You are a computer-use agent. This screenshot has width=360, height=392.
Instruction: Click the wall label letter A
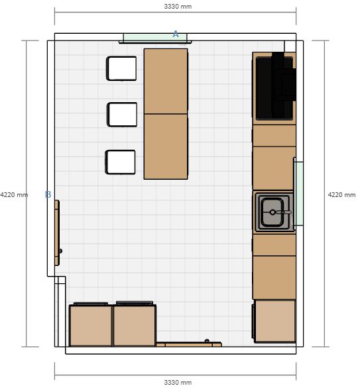(176, 34)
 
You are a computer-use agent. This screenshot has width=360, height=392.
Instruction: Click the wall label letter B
(48, 194)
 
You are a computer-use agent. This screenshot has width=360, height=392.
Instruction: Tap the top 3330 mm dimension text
(178, 7)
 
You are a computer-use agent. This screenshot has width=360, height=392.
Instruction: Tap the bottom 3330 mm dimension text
(178, 382)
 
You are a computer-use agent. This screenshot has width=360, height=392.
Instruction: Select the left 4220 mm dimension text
(14, 194)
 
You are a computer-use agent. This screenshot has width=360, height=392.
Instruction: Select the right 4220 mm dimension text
(341, 194)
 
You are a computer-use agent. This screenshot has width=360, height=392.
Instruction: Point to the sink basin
(272, 212)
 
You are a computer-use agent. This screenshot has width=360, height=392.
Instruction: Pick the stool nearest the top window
(122, 68)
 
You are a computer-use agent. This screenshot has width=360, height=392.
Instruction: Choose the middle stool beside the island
(122, 115)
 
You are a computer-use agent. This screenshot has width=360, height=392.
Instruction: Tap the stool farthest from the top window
(121, 162)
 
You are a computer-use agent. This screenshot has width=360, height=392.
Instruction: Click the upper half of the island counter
(166, 81)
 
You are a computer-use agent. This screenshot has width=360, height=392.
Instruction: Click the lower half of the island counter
(166, 147)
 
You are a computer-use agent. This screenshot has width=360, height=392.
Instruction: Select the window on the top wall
(155, 38)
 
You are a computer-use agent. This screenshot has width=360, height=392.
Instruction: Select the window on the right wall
(298, 194)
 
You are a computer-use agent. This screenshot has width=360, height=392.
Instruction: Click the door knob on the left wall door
(60, 251)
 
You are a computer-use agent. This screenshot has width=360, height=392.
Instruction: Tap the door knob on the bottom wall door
(207, 341)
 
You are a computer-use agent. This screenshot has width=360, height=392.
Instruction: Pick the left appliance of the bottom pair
(91, 324)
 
